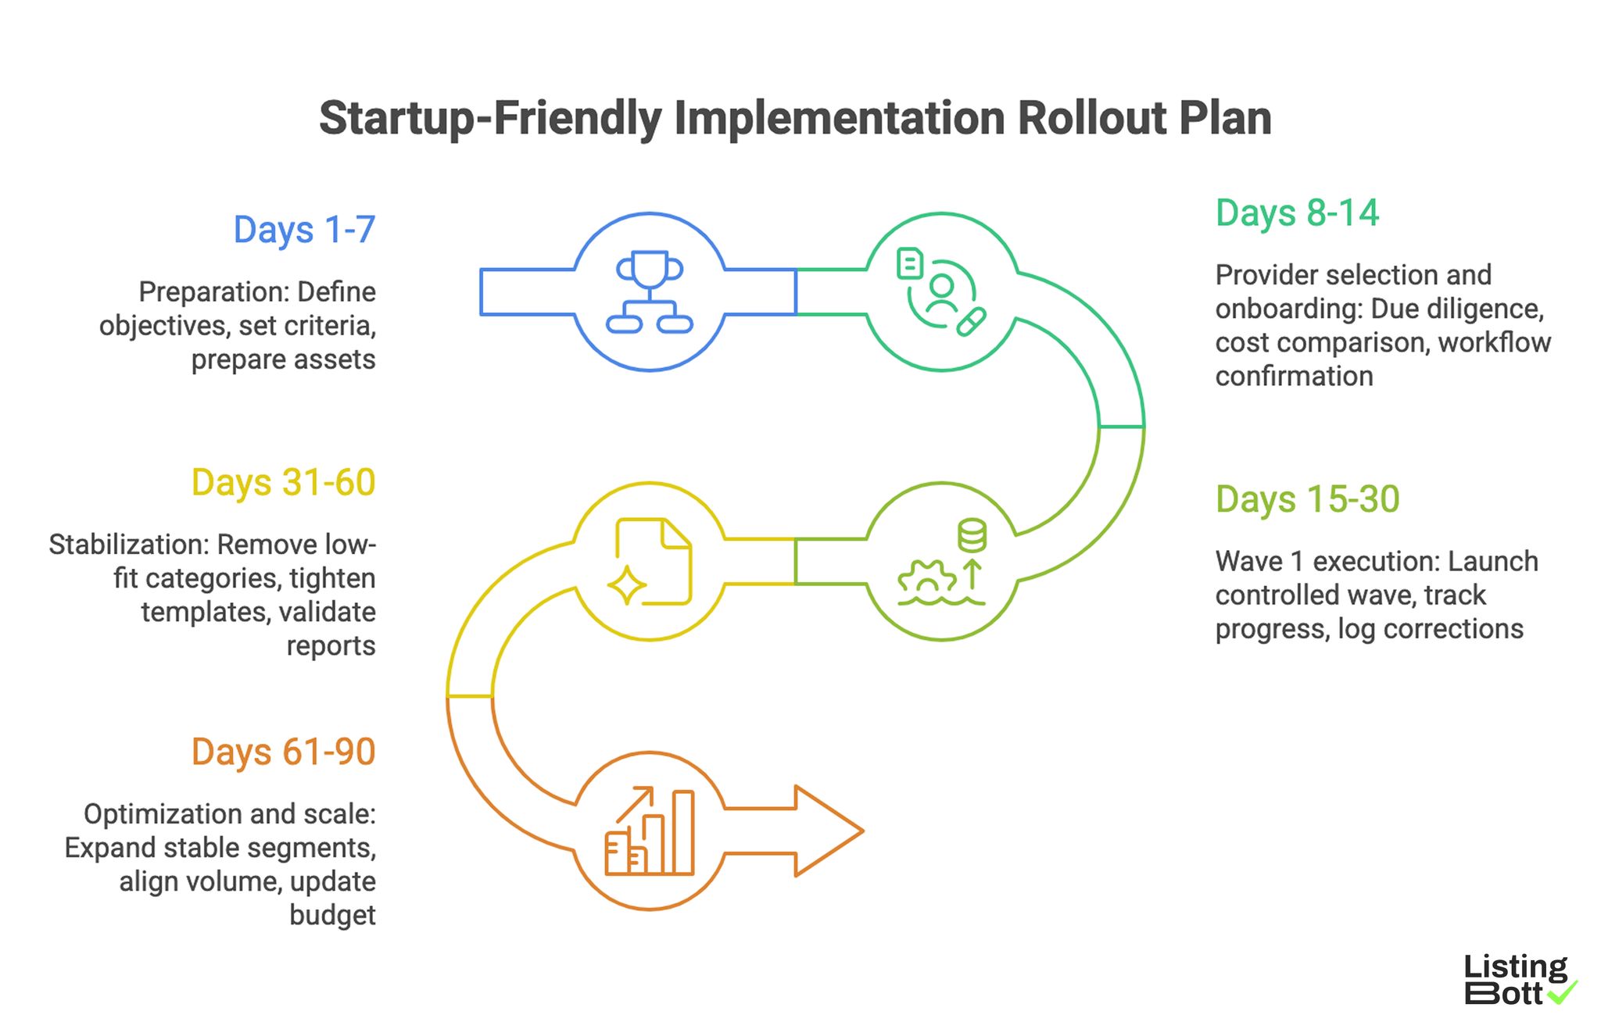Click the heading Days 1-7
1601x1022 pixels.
pos(304,230)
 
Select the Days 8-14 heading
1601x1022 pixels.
pos(1297,213)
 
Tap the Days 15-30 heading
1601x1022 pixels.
pos(1307,499)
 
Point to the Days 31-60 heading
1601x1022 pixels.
pos(283,483)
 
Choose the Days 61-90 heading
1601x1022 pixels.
pos(283,752)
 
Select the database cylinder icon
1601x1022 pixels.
pos(972,535)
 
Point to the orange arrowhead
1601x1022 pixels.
pos(829,831)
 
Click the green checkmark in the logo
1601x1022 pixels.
pos(1563,992)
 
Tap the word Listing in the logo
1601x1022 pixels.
pos(1515,967)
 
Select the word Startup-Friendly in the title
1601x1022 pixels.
pos(490,119)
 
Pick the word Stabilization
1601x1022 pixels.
pos(128,545)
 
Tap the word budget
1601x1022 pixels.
pos(332,915)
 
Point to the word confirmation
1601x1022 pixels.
pos(1294,377)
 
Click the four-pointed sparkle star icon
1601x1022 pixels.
pos(627,584)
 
